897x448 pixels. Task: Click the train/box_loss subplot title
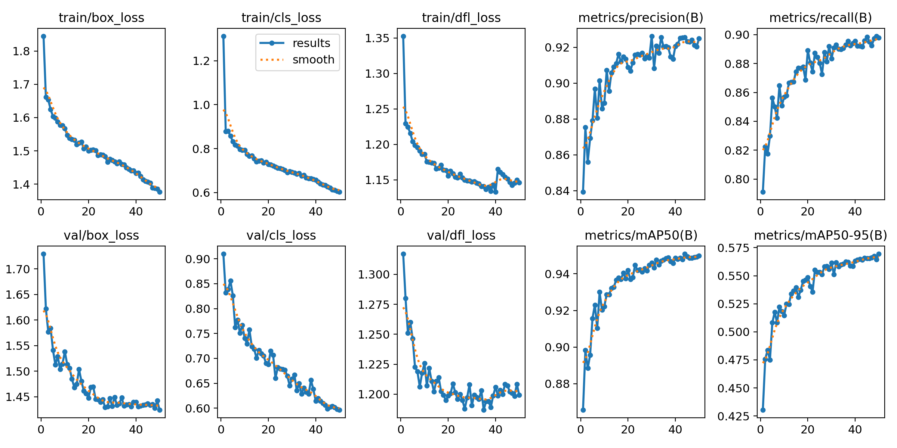(x=101, y=18)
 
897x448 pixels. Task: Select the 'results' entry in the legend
(x=311, y=43)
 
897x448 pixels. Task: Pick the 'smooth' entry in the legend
(x=313, y=60)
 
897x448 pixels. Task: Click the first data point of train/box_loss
(x=44, y=36)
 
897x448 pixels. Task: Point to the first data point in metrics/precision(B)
(x=583, y=192)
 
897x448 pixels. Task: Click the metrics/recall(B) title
(x=820, y=18)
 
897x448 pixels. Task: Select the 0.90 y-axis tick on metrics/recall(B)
(x=737, y=35)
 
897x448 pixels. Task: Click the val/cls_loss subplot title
(x=281, y=235)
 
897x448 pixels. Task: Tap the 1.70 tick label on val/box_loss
(x=17, y=269)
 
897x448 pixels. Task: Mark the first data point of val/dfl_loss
(x=403, y=254)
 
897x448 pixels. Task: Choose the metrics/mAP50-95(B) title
(x=820, y=235)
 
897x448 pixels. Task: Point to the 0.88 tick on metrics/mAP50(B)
(x=557, y=384)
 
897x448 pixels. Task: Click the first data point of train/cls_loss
(x=224, y=36)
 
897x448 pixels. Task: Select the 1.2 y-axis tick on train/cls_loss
(x=201, y=61)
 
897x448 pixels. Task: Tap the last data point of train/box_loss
(x=160, y=192)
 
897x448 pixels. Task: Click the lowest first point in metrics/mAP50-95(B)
(x=763, y=410)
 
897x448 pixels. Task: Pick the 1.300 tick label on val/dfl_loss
(x=374, y=275)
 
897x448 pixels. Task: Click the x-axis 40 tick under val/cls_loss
(x=316, y=430)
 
